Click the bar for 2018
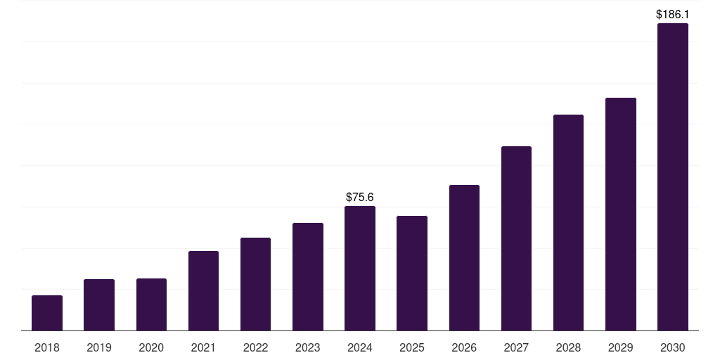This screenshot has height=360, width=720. tap(47, 313)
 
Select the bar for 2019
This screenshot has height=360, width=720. tap(99, 305)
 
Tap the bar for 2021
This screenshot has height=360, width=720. tap(203, 290)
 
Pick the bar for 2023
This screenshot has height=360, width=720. tap(308, 277)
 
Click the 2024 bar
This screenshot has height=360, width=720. tap(360, 268)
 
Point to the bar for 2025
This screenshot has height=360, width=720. tap(412, 274)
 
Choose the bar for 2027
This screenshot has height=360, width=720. tap(516, 238)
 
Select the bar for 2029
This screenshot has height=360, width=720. tap(621, 214)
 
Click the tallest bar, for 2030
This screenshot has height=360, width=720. tap(673, 176)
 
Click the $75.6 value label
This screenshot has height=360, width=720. tap(359, 198)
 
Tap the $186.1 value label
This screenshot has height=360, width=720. tap(673, 15)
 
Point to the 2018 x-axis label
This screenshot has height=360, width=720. tap(47, 348)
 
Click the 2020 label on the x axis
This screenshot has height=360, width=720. tap(151, 348)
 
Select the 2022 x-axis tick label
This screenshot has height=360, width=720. tap(255, 348)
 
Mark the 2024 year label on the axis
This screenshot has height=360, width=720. tap(359, 348)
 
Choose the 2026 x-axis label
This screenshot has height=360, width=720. tap(464, 348)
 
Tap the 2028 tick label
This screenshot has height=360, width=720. tap(568, 348)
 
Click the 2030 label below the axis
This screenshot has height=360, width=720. tap(673, 348)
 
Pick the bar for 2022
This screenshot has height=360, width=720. tap(255, 284)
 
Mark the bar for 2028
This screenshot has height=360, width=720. tap(568, 223)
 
